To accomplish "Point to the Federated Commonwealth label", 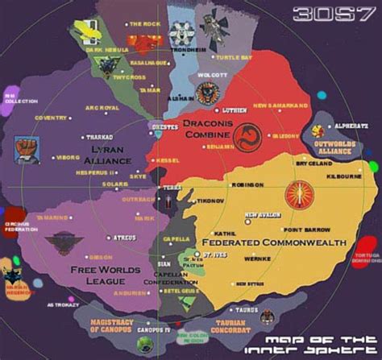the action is tap(274, 242).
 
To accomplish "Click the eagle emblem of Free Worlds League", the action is tap(61, 244).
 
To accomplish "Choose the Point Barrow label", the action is tap(301, 230).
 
